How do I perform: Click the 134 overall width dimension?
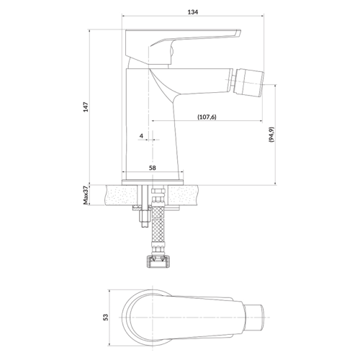pos(193,12)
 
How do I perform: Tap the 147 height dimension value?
pos(86,107)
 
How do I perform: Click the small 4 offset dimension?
pos(141,136)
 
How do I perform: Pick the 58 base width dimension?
pos(153,168)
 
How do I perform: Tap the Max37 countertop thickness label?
pos(86,195)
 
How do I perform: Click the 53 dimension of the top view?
pos(106,318)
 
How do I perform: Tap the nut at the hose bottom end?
pos(159,261)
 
